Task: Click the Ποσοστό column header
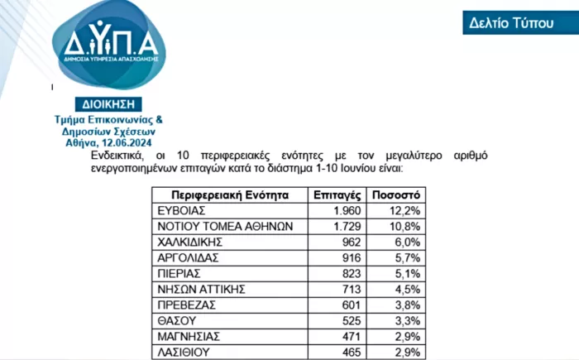tap(395, 196)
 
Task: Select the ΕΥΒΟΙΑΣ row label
tap(181, 212)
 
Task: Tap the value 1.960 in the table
tap(344, 212)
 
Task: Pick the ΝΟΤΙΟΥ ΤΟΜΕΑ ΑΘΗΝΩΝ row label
tap(218, 227)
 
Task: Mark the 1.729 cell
tap(344, 227)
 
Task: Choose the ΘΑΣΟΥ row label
tap(176, 319)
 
